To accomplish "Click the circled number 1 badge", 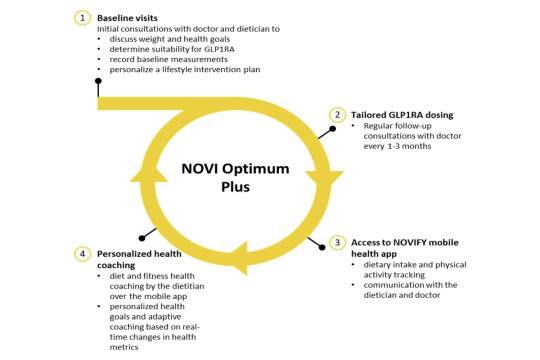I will coord(84,18).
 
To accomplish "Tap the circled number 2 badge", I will coord(339,115).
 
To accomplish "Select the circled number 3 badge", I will coord(339,242).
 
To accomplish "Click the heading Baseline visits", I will coord(128,18).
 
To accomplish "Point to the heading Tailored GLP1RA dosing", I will coord(405,115).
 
